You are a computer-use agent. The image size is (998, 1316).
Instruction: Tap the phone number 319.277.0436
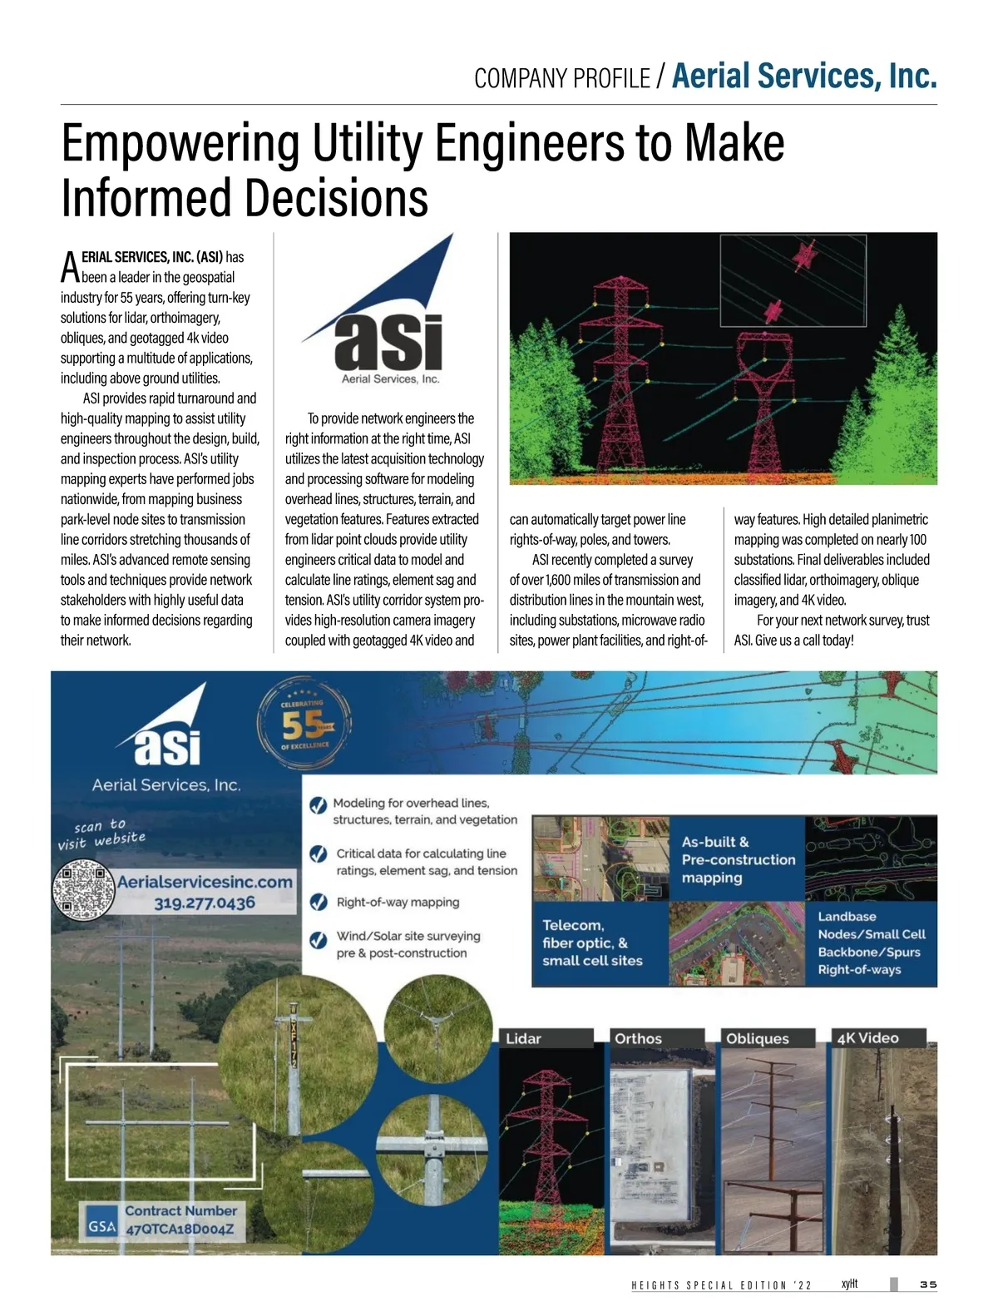pos(205,903)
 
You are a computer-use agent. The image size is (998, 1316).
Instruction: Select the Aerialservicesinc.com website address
pos(205,882)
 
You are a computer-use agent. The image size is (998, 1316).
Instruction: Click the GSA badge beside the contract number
pos(101,1226)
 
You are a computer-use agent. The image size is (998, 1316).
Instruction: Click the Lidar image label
pos(524,1038)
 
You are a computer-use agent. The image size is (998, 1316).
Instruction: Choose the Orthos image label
pos(638,1038)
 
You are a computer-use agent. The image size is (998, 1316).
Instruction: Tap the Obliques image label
pos(758,1038)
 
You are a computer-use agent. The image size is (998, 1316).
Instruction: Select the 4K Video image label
pos(868,1038)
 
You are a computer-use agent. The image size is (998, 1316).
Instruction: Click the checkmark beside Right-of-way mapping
pos(319,903)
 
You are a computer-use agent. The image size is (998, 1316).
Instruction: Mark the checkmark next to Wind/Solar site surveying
pos(319,940)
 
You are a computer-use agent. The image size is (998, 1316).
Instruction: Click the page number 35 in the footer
pos(928,1284)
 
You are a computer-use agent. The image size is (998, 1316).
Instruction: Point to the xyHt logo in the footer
pos(849,1284)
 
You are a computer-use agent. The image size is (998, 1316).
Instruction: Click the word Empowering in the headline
pos(180,143)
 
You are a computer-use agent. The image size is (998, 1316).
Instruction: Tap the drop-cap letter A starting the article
pos(70,267)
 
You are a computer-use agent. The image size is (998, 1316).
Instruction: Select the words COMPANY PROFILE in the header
pos(562,79)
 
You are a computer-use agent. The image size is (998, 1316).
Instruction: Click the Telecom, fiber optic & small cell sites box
pos(593,943)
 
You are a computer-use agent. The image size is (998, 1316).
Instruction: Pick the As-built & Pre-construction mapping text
pos(739,859)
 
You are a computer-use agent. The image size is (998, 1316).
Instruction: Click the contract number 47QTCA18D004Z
pos(180,1229)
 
